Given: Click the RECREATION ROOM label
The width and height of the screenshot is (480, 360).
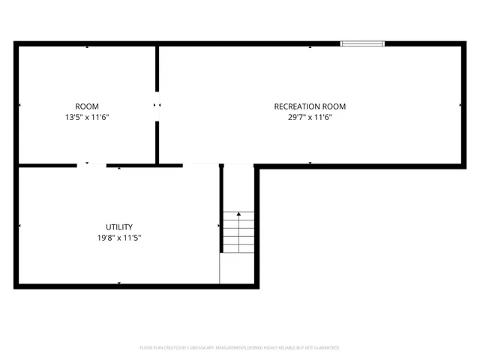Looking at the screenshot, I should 310,106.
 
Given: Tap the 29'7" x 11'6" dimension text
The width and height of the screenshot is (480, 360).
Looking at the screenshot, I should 310,117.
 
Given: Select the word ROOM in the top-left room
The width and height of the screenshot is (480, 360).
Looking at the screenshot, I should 86,106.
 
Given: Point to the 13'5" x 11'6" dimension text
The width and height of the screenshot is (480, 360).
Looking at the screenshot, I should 86,117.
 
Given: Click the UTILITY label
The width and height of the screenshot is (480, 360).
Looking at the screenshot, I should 119,226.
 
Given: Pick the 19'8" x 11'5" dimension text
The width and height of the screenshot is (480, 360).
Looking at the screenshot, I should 119,238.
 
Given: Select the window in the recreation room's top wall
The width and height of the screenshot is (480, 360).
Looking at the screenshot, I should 363,43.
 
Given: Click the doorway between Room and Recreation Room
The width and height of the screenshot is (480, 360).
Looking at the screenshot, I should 157,105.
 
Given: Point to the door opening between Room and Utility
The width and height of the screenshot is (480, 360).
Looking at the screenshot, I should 91,165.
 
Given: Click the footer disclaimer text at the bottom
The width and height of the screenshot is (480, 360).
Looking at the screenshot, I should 239,348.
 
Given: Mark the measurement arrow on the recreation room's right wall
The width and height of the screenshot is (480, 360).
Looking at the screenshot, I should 460,105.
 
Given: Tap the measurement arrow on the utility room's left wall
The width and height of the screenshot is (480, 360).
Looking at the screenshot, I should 19,226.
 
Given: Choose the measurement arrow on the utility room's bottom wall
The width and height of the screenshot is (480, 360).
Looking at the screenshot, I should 119,282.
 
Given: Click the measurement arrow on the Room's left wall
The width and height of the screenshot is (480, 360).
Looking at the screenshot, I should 19,105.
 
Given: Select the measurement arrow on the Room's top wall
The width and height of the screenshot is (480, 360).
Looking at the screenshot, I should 86,47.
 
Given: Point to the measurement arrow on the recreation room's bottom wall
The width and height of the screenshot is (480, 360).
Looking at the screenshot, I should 310,163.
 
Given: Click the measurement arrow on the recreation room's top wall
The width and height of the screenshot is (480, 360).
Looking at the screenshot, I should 310,47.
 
